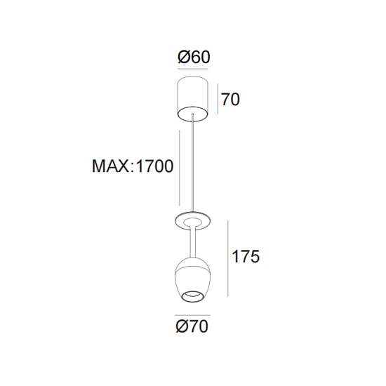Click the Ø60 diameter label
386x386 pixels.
pos(194,57)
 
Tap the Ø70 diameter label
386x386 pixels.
pos(192,326)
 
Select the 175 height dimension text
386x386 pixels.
pos(246,256)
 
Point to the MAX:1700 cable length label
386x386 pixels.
pos(133,166)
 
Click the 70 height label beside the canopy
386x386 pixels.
pos(230,100)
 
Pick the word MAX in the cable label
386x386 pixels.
pos(110,166)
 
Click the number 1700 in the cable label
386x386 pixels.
pos(154,166)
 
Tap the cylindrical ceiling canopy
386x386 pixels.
pos(193,98)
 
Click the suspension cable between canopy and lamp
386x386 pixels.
pos(193,164)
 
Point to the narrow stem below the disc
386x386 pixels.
pos(193,243)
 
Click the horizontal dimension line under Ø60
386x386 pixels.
pos(193,69)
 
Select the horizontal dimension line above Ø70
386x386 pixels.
pos(193,315)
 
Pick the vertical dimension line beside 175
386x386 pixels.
pos(228,258)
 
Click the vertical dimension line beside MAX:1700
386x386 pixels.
pos(180,168)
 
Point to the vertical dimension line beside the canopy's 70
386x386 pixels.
pos(218,99)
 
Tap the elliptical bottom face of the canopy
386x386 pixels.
pos(193,114)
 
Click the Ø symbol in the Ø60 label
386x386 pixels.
pos(183,57)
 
